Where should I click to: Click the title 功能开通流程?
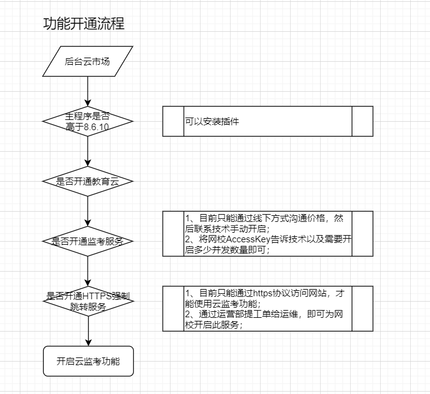pyautogui.click(x=84, y=24)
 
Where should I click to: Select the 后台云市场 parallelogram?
pyautogui.click(x=88, y=61)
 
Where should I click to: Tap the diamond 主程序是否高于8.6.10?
pyautogui.click(x=88, y=121)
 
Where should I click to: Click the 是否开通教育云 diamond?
pyautogui.click(x=88, y=181)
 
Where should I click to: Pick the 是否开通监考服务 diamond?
pyautogui.click(x=88, y=241)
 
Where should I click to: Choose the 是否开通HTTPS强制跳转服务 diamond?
pyautogui.click(x=88, y=301)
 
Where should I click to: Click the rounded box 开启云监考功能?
pyautogui.click(x=88, y=361)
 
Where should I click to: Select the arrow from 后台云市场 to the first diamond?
pyautogui.click(x=88, y=90)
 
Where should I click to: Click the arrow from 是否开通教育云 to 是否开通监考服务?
pyautogui.click(x=88, y=211)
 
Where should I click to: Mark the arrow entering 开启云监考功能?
pyautogui.click(x=88, y=331)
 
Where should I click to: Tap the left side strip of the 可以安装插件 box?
pyautogui.click(x=173, y=121)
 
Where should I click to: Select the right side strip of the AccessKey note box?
pyautogui.click(x=362, y=233)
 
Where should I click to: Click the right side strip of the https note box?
pyautogui.click(x=362, y=308)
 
